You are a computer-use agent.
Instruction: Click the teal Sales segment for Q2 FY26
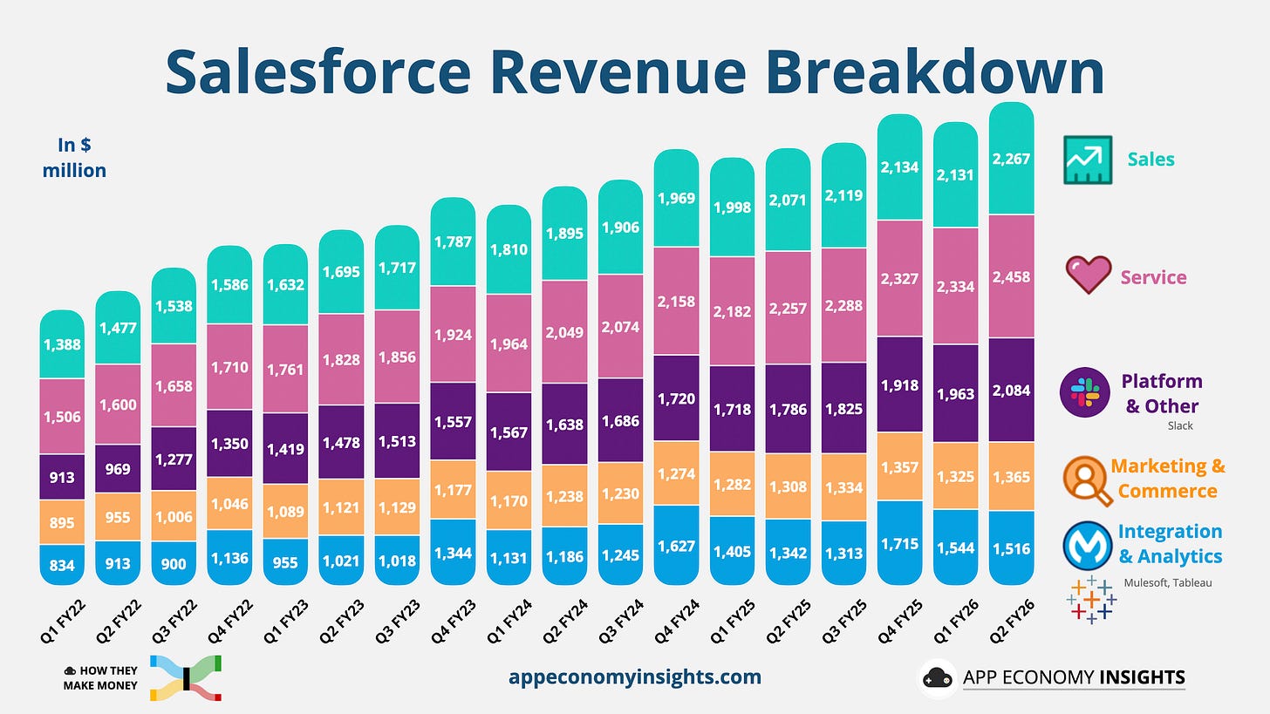click(1011, 159)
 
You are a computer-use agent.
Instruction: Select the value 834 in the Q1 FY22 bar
click(62, 565)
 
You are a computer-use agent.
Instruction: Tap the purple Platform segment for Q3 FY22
click(174, 459)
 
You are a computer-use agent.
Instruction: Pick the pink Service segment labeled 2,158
click(676, 302)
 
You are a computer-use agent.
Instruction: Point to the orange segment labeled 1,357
click(899, 466)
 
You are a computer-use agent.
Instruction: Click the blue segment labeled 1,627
click(676, 546)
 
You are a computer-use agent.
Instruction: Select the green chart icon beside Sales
click(1088, 160)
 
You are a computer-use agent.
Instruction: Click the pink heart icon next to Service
click(1089, 275)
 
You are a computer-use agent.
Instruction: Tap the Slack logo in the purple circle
click(1084, 393)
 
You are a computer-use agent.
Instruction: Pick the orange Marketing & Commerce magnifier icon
click(1088, 479)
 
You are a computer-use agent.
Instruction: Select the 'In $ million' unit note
click(74, 158)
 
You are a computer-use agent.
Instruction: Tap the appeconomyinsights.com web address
click(634, 677)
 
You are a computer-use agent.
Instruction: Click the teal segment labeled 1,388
click(62, 344)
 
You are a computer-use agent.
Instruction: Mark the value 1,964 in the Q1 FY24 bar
click(509, 343)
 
